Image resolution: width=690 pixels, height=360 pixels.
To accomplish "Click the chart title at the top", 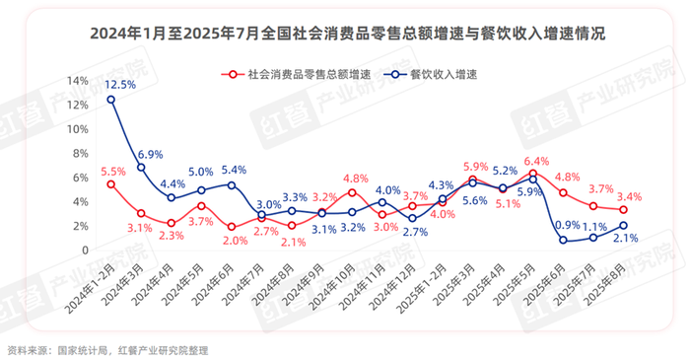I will pyautogui.click(x=345, y=34).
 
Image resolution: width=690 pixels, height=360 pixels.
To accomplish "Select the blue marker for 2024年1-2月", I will pyautogui.click(x=110, y=99).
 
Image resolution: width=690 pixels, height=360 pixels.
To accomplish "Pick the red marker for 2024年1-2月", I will pyautogui.click(x=110, y=184).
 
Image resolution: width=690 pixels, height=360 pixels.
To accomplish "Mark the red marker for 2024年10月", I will pyautogui.click(x=352, y=192).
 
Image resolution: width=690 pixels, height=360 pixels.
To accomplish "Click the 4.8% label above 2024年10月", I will pyautogui.click(x=356, y=179).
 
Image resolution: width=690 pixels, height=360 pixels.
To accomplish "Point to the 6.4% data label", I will pyautogui.click(x=537, y=161).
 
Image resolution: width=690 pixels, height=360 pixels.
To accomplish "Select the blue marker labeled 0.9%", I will pyautogui.click(x=563, y=240).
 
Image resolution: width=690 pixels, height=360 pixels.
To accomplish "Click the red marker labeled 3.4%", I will pyautogui.click(x=624, y=209).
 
